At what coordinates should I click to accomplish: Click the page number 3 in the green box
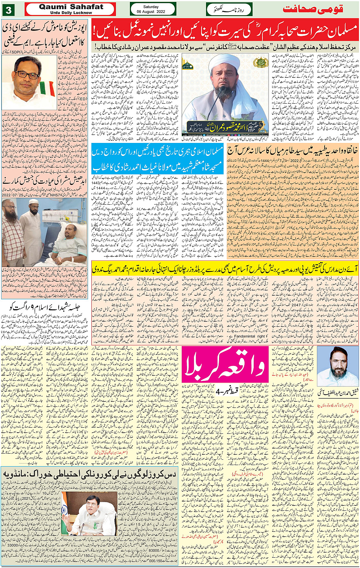click(x=8, y=10)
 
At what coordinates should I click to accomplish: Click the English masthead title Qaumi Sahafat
click(x=71, y=7)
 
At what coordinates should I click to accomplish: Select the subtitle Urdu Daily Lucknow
click(x=71, y=13)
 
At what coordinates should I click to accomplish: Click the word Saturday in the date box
click(x=151, y=7)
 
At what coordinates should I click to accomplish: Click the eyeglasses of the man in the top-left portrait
click(x=27, y=75)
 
